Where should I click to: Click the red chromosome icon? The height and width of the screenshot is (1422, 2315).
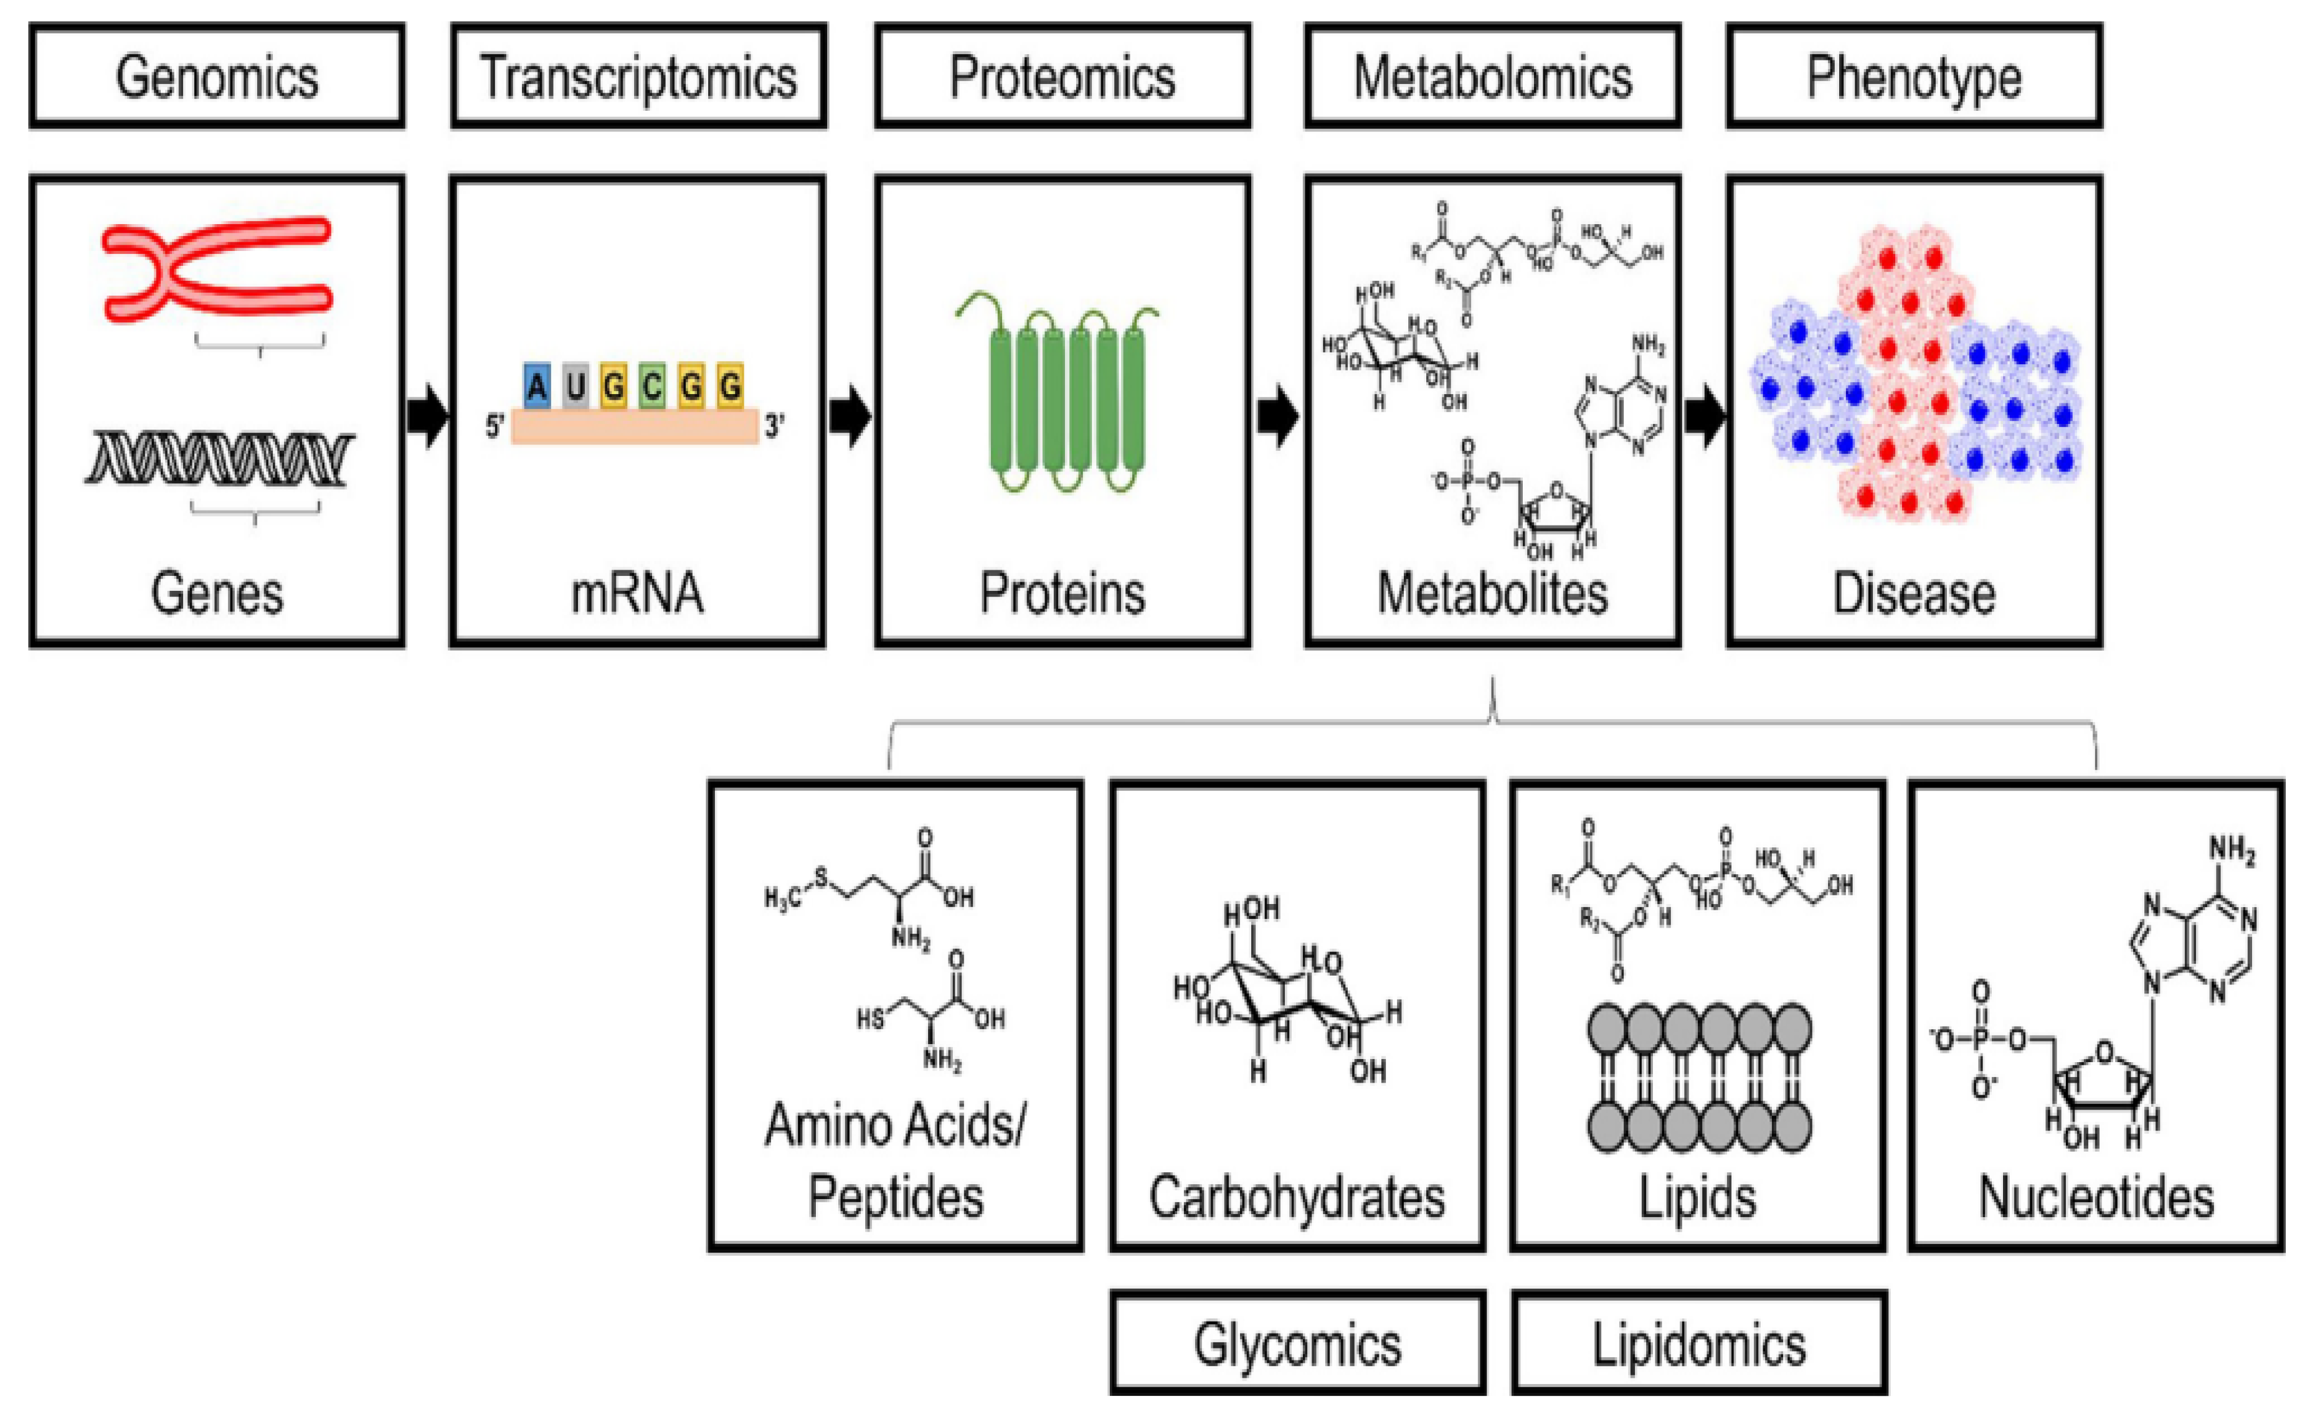point(216,269)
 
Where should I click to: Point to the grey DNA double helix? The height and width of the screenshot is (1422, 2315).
point(219,458)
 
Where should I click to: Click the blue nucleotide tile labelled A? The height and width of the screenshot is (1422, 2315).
point(537,385)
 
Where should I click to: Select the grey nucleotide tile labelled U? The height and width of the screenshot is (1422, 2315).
point(575,385)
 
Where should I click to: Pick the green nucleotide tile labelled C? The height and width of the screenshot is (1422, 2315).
point(653,385)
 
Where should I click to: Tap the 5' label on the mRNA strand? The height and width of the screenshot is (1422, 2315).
point(495,426)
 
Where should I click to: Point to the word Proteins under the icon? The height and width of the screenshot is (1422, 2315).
point(1062,593)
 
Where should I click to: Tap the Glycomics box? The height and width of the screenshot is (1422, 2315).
point(1297,1343)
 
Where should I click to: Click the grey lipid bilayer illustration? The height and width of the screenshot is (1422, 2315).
point(1699,1078)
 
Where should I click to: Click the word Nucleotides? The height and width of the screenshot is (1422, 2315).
point(2096,1197)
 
